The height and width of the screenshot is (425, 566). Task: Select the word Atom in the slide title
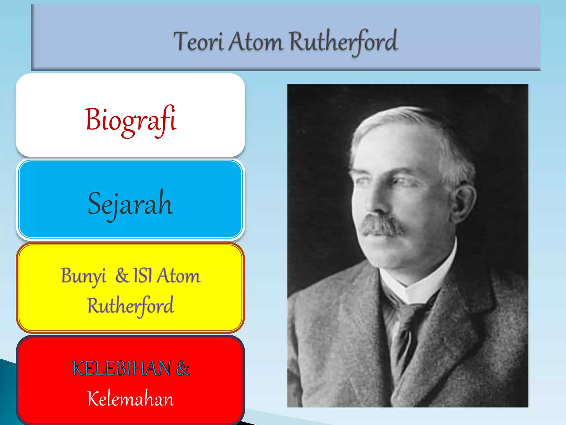point(256,42)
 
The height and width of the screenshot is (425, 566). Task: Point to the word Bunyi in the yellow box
point(83,276)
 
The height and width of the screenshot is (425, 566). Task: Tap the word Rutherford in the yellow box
point(130,305)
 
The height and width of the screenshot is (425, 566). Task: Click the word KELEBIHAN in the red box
point(121,369)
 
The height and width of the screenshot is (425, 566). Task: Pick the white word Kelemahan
point(130,399)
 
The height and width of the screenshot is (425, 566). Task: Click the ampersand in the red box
point(183,369)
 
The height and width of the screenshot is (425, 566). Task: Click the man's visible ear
point(464,203)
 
